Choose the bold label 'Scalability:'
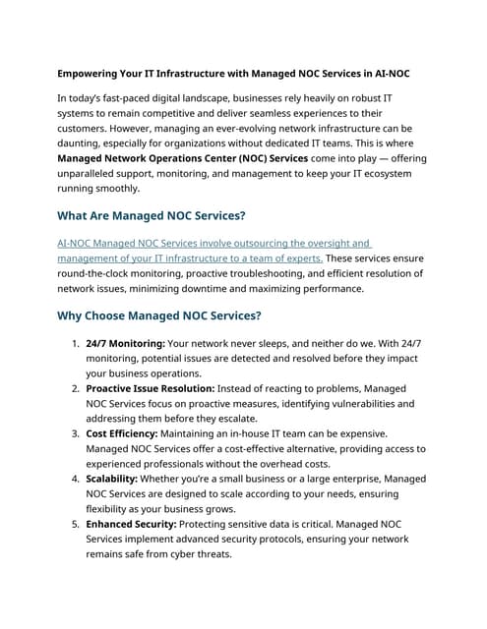116,479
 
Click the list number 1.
75,345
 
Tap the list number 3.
75,433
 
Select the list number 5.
75,524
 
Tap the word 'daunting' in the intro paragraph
84,143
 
